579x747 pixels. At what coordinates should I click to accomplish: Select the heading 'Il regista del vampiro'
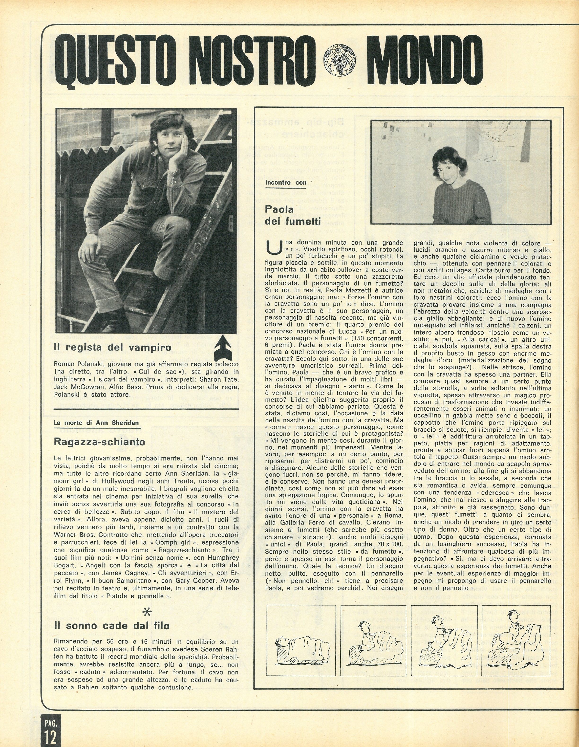click(113, 348)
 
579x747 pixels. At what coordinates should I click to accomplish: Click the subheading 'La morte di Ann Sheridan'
click(96, 422)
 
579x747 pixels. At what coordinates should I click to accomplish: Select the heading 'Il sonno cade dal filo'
click(112, 626)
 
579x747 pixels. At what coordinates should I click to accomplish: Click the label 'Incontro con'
click(286, 183)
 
